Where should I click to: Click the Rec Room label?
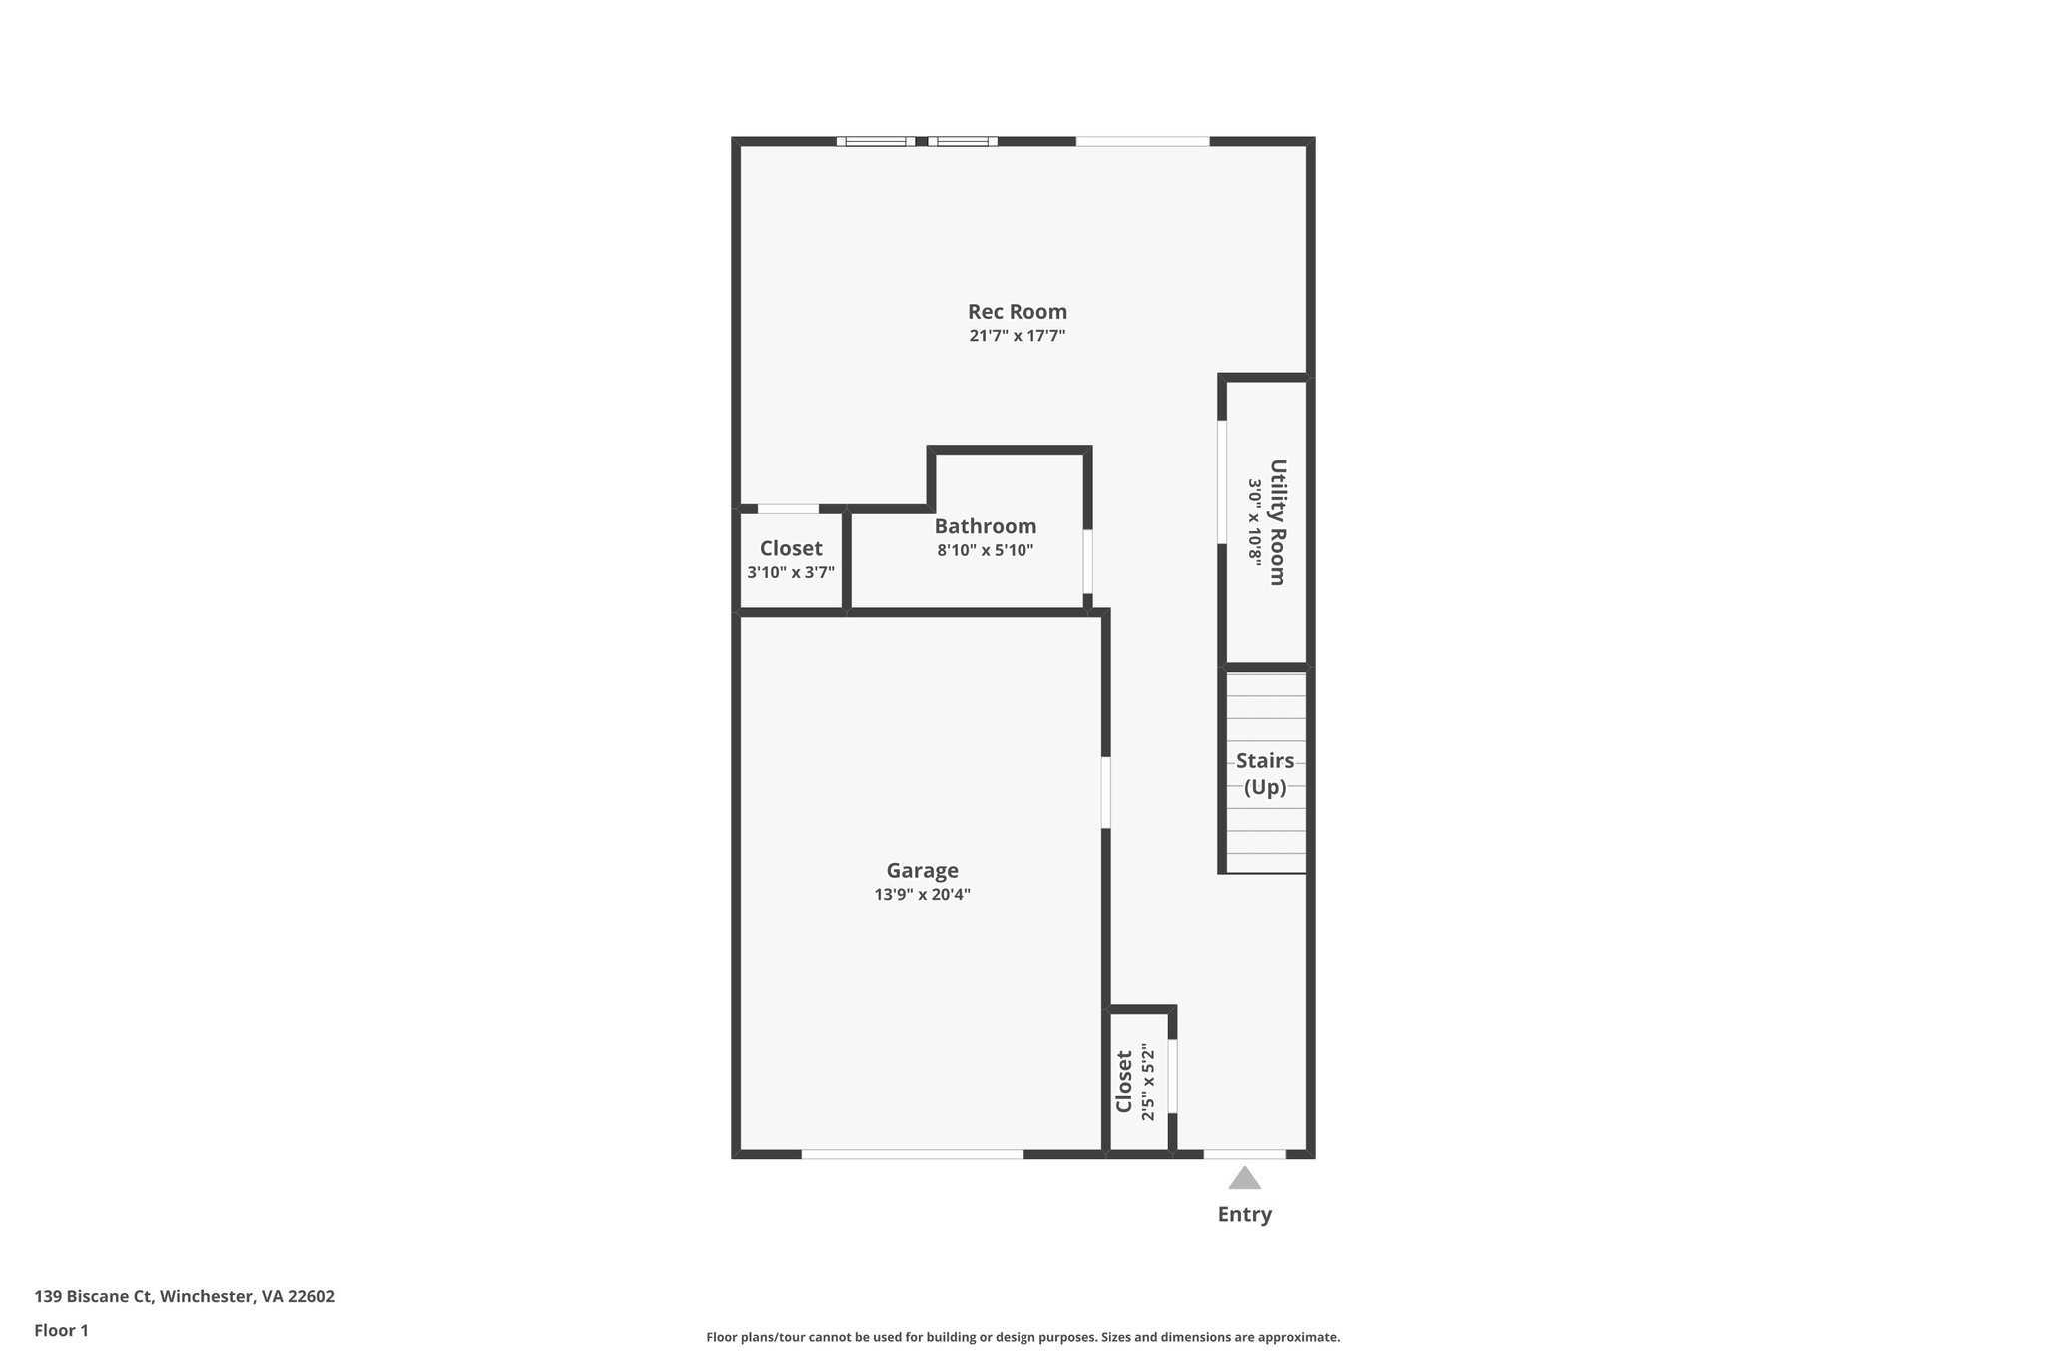1017,312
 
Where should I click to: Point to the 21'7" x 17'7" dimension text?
1017,336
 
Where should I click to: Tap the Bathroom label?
985,526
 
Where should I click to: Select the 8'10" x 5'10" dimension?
985,550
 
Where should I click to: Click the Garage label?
922,870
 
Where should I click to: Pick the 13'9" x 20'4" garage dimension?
922,895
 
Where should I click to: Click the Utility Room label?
1277,521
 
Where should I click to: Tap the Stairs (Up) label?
1264,774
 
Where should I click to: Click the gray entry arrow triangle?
1244,1179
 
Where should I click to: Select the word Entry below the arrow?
1244,1215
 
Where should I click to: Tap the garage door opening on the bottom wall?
912,1154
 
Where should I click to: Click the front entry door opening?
1244,1154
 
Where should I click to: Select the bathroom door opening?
1087,562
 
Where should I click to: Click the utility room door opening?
1221,482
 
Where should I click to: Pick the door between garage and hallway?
1105,792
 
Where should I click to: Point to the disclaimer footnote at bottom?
1023,1337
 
